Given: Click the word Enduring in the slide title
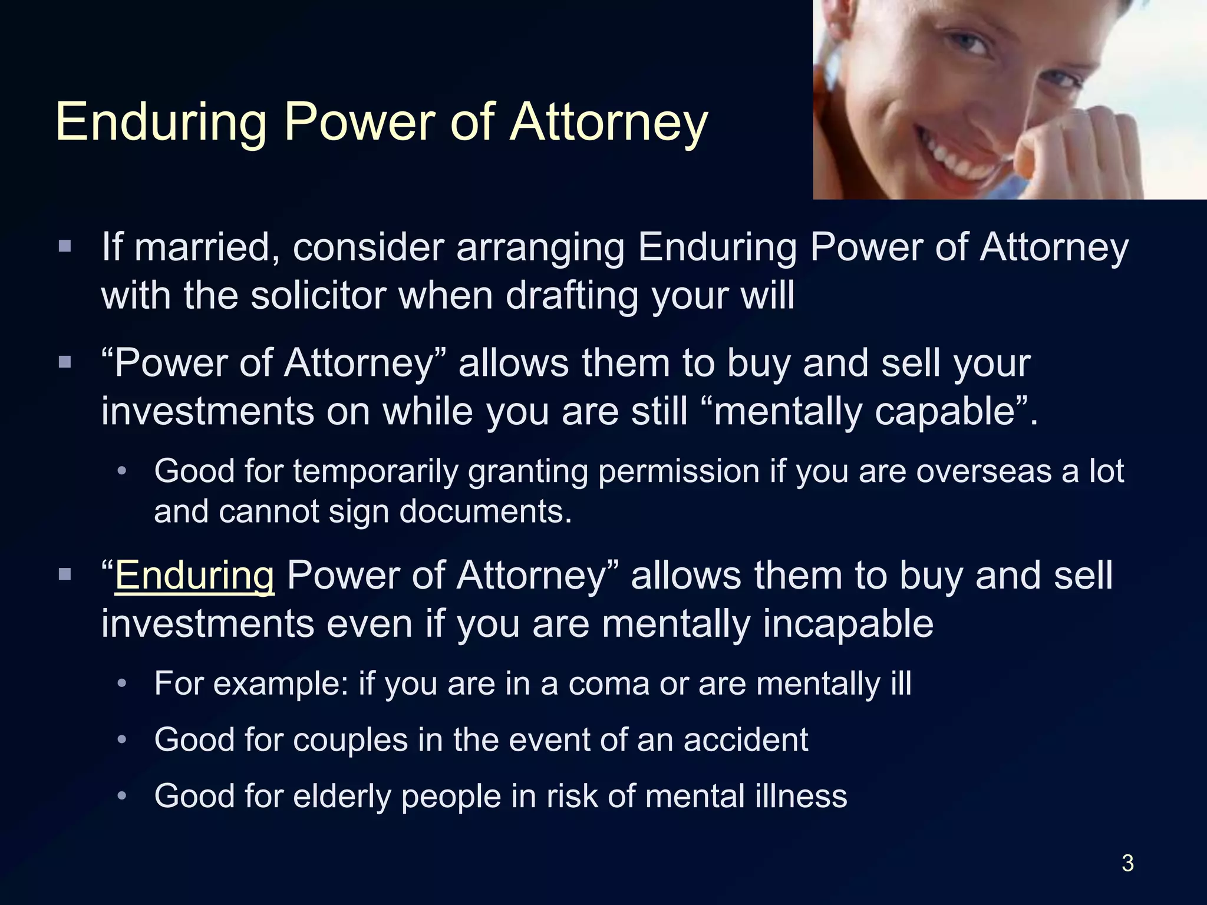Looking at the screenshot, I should pos(161,123).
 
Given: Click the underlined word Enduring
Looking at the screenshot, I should pos(194,575).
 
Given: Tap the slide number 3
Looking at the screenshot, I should pos(1127,863).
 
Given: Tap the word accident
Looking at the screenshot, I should pos(746,739).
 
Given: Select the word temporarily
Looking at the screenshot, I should pos(375,471).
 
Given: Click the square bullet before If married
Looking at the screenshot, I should pos(65,246).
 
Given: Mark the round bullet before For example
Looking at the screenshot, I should pos(122,684).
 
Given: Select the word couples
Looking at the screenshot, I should pos(350,740).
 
